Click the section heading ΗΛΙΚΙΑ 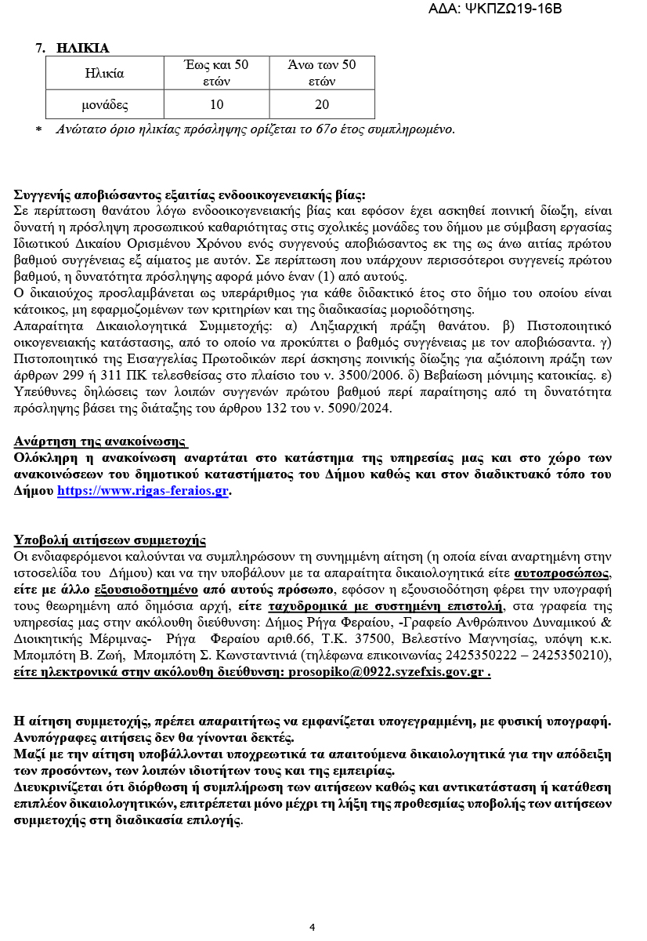coord(82,48)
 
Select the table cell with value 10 coord(216,104)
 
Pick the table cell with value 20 coord(322,104)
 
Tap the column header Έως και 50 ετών coord(216,73)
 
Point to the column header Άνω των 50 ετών coord(322,73)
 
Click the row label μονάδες coord(105,104)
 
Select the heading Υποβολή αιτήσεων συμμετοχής coord(110,540)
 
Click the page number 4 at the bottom coord(312,927)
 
